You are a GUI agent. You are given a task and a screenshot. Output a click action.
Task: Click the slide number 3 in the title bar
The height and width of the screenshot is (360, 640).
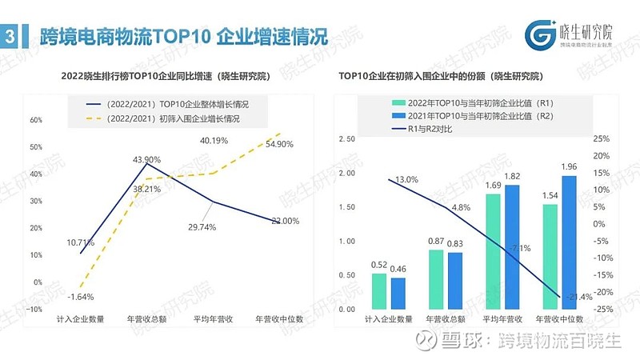(9, 35)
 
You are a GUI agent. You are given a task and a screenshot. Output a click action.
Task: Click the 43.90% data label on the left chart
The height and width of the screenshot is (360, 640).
(146, 158)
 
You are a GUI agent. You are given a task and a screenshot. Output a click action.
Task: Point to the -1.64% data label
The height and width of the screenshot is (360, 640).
(81, 297)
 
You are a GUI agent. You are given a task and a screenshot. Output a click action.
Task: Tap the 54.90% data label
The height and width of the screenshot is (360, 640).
(274, 144)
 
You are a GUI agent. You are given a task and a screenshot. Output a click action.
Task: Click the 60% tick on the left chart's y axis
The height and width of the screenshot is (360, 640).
(35, 120)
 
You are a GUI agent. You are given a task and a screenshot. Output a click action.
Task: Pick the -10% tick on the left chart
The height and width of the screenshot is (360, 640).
(35, 309)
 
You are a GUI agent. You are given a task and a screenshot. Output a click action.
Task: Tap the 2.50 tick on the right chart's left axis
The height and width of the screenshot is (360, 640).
(346, 138)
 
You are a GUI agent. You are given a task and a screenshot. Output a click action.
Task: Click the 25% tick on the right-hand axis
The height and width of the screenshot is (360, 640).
(602, 138)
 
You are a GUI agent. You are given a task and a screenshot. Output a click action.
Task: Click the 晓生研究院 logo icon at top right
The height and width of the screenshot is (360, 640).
(540, 34)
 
